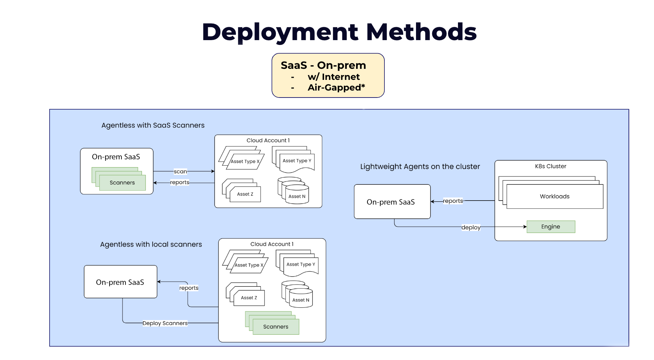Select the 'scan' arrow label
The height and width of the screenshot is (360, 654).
[x=180, y=172]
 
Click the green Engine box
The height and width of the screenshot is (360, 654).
[x=551, y=227]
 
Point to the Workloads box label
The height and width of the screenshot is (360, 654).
[x=554, y=197]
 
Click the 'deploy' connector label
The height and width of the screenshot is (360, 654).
[x=471, y=227]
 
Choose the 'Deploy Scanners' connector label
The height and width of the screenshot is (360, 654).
[x=165, y=323]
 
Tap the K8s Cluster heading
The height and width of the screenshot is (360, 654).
[x=550, y=166]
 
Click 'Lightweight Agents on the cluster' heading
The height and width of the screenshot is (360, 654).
[x=420, y=167]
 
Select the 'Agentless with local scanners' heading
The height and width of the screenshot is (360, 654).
[x=151, y=244]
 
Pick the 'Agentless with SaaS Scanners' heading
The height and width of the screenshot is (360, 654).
[x=153, y=126]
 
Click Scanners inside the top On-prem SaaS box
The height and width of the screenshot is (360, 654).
[x=122, y=183]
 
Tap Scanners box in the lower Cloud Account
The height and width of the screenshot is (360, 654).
[x=276, y=327]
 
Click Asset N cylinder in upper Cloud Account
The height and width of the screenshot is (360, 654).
[x=297, y=196]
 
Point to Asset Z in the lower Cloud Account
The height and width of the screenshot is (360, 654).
[x=249, y=298]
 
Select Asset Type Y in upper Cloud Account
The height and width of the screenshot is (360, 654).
[x=297, y=161]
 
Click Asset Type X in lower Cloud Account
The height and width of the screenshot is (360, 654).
[x=249, y=265]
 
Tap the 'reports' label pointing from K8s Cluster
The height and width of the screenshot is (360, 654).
[x=453, y=201]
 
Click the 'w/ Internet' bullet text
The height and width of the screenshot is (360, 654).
[x=334, y=77]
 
